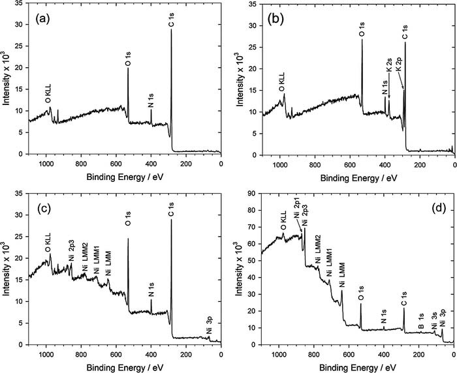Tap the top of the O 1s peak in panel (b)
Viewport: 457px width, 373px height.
click(362, 39)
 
